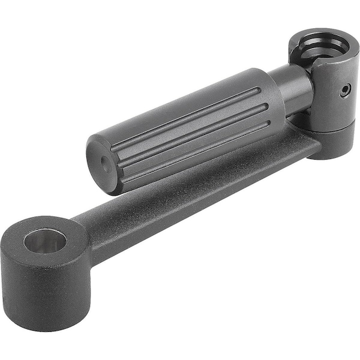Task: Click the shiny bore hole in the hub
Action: click(45, 241)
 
